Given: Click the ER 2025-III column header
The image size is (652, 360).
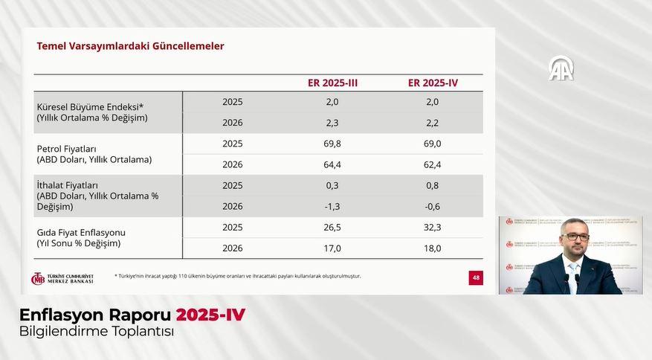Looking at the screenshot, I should click(332, 83).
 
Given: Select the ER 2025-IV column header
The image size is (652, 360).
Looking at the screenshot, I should click(433, 83).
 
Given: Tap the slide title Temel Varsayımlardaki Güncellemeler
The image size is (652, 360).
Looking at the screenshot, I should click(130, 46).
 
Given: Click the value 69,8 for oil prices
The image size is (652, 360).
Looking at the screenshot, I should click(332, 144).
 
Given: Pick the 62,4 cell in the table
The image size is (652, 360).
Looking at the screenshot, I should click(433, 164).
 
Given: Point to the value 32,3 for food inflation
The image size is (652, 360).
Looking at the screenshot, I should click(433, 227).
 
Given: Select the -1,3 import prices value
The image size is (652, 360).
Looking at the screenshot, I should click(332, 206).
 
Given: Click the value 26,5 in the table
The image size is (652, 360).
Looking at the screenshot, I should click(332, 227).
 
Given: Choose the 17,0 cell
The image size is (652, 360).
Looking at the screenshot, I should click(332, 248).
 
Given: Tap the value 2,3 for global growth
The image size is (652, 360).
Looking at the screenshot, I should click(332, 123).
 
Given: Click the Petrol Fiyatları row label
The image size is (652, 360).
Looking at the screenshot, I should click(67, 149).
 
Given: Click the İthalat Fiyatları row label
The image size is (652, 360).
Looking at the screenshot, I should click(68, 185).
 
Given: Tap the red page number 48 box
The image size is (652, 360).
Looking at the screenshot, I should click(476, 277).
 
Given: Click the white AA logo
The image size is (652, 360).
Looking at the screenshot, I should click(561, 68).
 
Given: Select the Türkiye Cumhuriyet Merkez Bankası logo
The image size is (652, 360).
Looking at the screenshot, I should click(62, 278).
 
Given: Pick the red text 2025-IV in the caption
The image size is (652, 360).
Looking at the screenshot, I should click(210, 315).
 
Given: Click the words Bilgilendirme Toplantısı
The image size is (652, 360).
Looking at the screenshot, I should click(97, 332).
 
